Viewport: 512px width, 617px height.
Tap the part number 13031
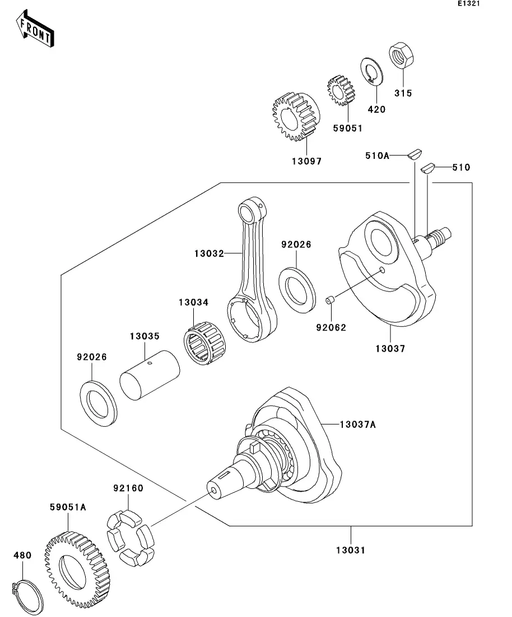coord(350,550)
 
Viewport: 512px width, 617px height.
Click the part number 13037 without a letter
coord(390,348)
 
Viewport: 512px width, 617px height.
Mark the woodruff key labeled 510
coord(429,167)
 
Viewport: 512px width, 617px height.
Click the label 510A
coord(377,156)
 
